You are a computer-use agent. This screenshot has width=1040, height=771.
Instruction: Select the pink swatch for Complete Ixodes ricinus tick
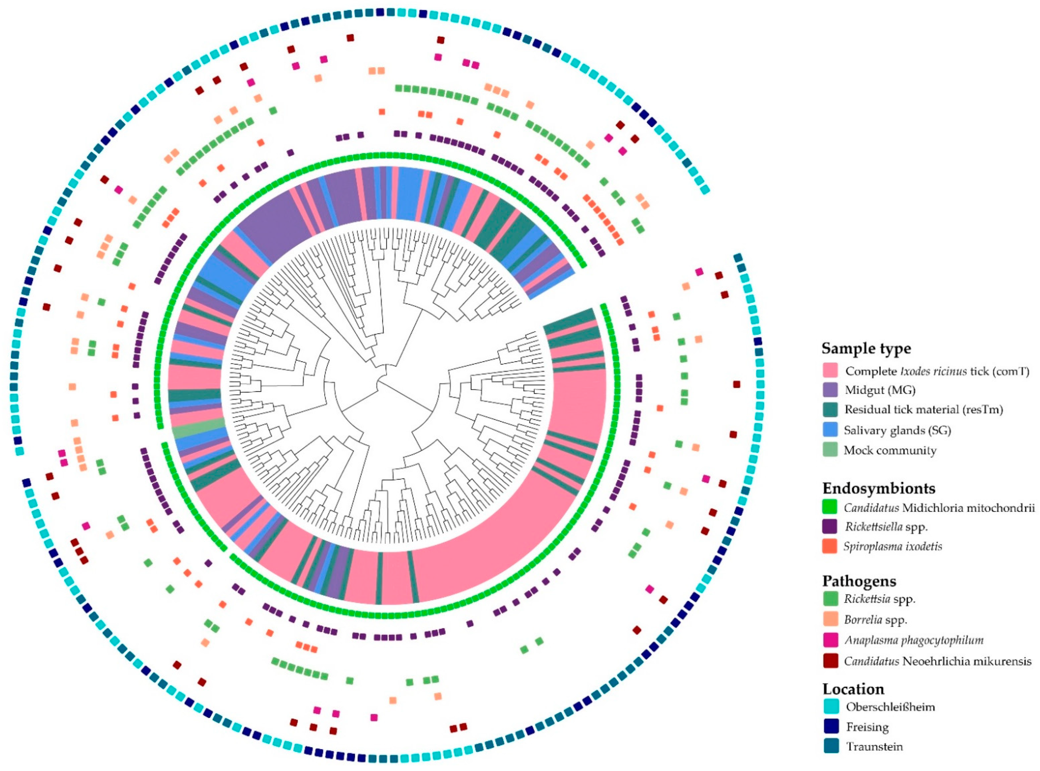click(830, 371)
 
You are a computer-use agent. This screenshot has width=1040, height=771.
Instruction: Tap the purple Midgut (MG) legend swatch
click(830, 390)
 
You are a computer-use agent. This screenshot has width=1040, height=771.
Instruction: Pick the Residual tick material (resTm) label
click(923, 410)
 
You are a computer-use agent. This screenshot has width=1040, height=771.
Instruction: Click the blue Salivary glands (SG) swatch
click(830, 430)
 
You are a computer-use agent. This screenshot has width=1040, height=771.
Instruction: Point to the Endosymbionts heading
click(879, 488)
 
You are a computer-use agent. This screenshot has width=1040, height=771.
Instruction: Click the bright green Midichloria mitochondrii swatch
click(830, 507)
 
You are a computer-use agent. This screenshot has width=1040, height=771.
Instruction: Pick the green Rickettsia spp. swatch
click(830, 599)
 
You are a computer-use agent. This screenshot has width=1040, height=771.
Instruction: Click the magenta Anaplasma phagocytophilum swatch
click(830, 640)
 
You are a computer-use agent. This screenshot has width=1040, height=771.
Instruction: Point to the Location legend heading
click(853, 689)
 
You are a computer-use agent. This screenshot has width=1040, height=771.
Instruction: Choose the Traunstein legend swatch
click(830, 747)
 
